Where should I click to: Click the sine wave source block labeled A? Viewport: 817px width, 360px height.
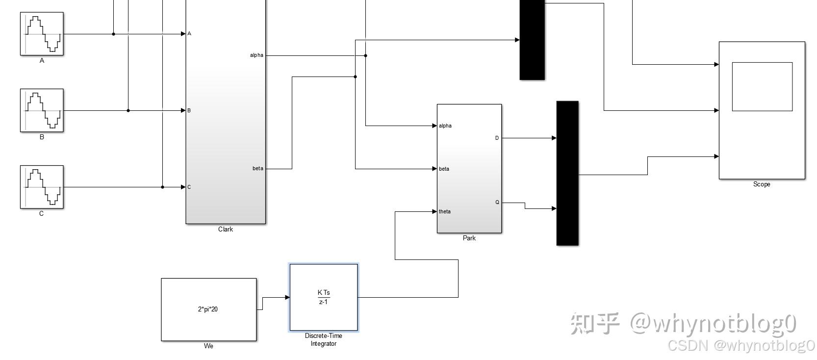pyautogui.click(x=42, y=34)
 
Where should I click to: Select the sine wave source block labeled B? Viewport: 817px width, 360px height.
pyautogui.click(x=42, y=110)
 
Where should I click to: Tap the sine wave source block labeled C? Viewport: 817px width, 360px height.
pyautogui.click(x=42, y=187)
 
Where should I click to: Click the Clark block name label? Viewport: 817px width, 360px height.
pyautogui.click(x=226, y=230)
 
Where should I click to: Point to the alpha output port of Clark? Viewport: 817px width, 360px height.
pyautogui.click(x=257, y=55)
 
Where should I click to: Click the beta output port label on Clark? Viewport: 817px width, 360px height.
pyautogui.click(x=258, y=169)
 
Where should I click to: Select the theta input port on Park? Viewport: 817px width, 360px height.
pyautogui.click(x=444, y=212)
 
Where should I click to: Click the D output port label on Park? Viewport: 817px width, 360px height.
pyautogui.click(x=497, y=138)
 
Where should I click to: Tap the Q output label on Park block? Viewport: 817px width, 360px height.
pyautogui.click(x=497, y=203)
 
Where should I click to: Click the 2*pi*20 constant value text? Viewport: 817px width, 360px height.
pyautogui.click(x=208, y=309)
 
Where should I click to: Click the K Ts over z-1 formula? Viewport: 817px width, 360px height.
pyautogui.click(x=324, y=297)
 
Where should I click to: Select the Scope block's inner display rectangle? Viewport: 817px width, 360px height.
pyautogui.click(x=762, y=87)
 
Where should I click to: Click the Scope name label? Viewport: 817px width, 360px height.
pyautogui.click(x=762, y=184)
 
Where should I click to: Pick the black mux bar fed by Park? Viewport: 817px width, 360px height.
pyautogui.click(x=567, y=173)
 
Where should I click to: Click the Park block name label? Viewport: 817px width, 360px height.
pyautogui.click(x=469, y=238)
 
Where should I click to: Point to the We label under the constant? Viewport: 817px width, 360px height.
pyautogui.click(x=208, y=346)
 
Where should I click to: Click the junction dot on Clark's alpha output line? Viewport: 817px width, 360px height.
pyautogui.click(x=365, y=55)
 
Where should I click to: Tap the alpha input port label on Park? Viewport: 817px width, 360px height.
pyautogui.click(x=445, y=126)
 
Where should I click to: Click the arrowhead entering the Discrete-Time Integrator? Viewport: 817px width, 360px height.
pyautogui.click(x=287, y=297)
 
